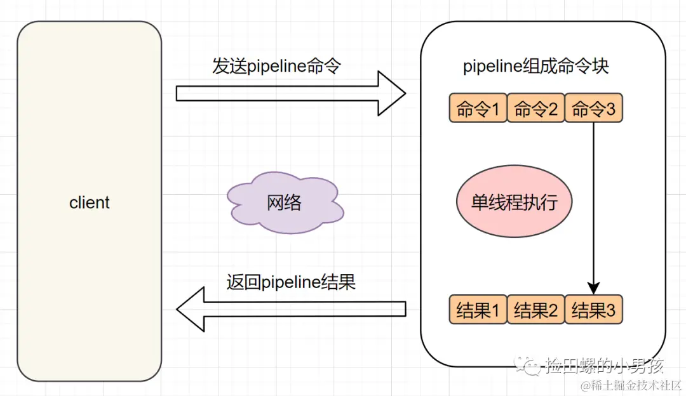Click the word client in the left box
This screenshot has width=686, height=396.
(90, 203)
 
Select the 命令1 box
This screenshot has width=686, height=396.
(478, 109)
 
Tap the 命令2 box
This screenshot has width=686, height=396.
(535, 109)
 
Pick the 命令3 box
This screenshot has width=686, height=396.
(593, 109)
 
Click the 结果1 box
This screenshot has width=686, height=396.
(478, 310)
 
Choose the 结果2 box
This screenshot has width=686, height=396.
(535, 310)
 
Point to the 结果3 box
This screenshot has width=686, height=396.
(593, 310)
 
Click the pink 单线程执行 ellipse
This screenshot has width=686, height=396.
(514, 202)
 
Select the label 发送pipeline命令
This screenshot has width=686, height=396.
(277, 67)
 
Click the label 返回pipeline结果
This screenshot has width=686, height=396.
(291, 281)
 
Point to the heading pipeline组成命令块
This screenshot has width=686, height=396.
(536, 67)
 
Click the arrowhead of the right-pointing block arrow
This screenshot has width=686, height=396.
(391, 93)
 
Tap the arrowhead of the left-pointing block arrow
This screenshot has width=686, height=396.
(192, 308)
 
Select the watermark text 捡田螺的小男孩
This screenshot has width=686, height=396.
(605, 366)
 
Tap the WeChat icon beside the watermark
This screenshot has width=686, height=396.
(528, 365)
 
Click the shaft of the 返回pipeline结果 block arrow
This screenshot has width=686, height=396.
(305, 308)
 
